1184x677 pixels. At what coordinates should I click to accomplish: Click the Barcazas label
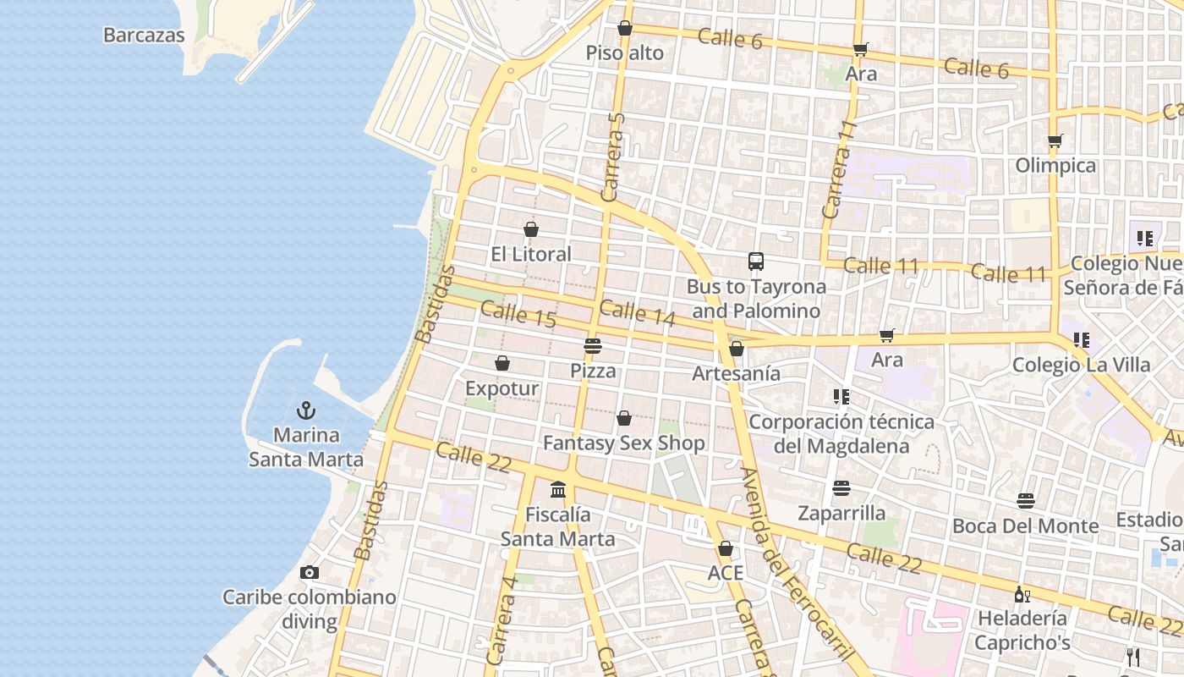pos(144,35)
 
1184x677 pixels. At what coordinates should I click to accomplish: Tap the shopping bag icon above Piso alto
pos(625,28)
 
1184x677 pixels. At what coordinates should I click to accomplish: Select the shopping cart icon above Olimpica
pos(1055,140)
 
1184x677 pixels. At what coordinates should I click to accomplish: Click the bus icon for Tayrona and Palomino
pos(756,261)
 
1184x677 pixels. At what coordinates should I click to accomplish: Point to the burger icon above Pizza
pos(592,345)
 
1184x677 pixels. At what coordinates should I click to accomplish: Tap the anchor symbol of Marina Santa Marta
pos(305,410)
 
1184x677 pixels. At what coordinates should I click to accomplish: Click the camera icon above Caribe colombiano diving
pos(309,572)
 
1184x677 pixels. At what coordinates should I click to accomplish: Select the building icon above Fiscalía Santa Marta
pos(558,489)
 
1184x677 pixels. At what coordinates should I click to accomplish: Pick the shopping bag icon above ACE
pos(725,548)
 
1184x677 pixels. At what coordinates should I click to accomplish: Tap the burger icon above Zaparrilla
pos(841,487)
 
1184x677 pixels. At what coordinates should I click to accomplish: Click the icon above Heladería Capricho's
pos(1022,594)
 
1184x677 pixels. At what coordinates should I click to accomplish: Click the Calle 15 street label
pos(518,315)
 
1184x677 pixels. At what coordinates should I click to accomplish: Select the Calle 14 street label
pos(638,313)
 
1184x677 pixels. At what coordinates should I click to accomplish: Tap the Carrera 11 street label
pos(839,169)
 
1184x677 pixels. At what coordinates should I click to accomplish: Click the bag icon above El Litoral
pos(531,229)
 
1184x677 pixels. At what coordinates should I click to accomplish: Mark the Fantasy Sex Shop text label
pos(623,443)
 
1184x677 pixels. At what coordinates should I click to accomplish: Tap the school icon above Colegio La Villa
pos(1081,340)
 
